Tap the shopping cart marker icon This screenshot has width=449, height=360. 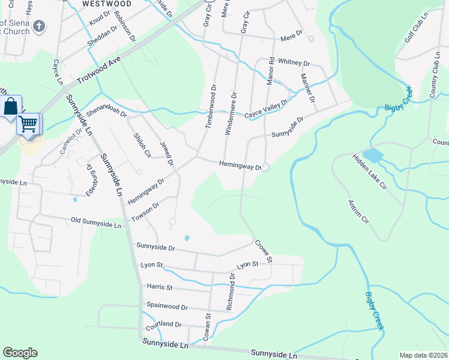[x=28, y=124]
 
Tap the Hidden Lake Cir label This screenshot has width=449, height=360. [x=369, y=171]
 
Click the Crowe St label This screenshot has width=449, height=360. [x=264, y=251]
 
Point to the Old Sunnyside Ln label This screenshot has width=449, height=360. [x=96, y=223]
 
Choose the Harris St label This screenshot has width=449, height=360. [x=159, y=287]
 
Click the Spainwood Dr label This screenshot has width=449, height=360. [x=168, y=305]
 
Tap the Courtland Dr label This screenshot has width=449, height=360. [x=163, y=325]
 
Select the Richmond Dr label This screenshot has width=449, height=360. [x=231, y=291]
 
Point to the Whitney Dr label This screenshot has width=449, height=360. [x=294, y=63]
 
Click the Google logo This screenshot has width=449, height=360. [x=20, y=353]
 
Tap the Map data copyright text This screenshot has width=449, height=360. [x=423, y=355]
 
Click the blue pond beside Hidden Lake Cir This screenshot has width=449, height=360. [x=373, y=156]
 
